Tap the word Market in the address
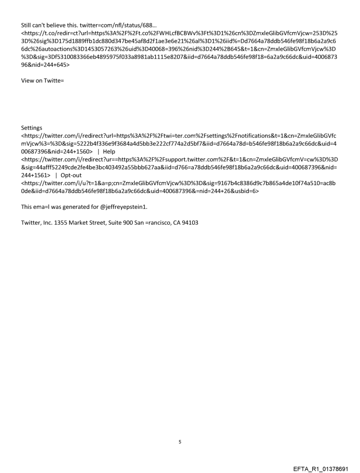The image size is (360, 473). (x=80, y=223)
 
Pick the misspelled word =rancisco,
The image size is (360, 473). (x=161, y=223)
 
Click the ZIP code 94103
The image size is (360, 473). (x=190, y=223)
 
